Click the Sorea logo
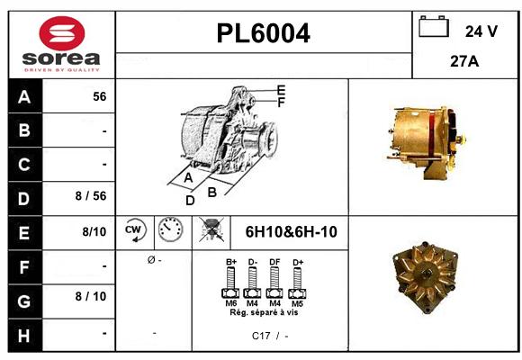(x=62, y=45)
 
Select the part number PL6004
(x=264, y=34)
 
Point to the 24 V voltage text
(x=481, y=31)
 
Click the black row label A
(x=24, y=97)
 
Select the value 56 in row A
(x=99, y=97)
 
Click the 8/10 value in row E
(x=94, y=232)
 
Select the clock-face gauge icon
(x=170, y=231)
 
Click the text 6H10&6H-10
(x=291, y=232)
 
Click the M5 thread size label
(x=296, y=303)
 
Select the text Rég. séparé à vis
(x=264, y=312)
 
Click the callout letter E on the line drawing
(x=281, y=89)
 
